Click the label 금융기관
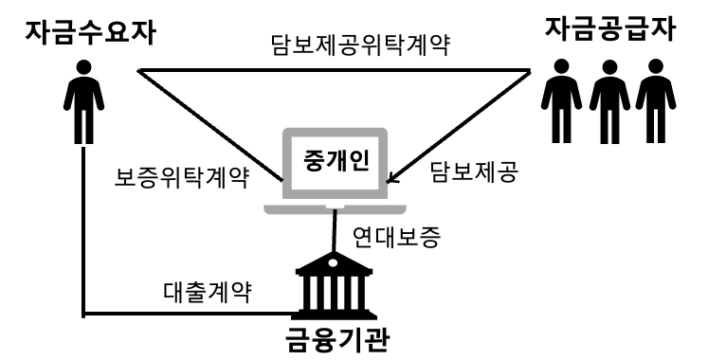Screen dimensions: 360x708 (336, 339)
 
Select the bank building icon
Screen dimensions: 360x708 (333, 284)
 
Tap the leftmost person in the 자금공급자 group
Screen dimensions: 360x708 (561, 105)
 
